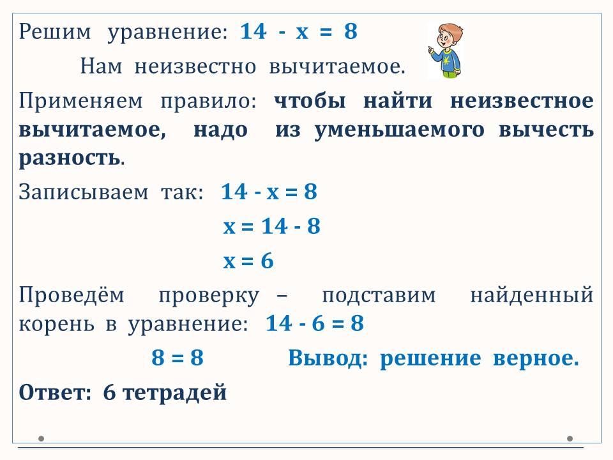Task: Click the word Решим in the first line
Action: pyautogui.click(x=55, y=31)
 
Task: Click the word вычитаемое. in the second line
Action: pyautogui.click(x=337, y=66)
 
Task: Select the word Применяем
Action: pyautogui.click(x=81, y=102)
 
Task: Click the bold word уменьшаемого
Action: pyautogui.click(x=399, y=130)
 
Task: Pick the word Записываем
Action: pyautogui.click(x=84, y=192)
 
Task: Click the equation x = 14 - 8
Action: pyautogui.click(x=272, y=226)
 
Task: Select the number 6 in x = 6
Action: pyautogui.click(x=267, y=261)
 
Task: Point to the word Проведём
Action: pyautogui.click(x=72, y=295)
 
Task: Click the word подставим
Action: pyautogui.click(x=379, y=295)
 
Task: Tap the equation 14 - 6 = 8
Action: pyautogui.click(x=315, y=323)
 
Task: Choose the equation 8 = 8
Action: pyautogui.click(x=178, y=358)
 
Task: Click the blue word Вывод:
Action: pyautogui.click(x=328, y=358)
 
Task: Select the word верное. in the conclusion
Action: pyautogui.click(x=536, y=358)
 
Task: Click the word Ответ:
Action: pyautogui.click(x=55, y=392)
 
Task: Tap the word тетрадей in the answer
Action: pyautogui.click(x=175, y=392)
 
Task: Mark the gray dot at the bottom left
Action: pyautogui.click(x=42, y=438)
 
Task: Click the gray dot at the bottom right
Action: pyautogui.click(x=570, y=438)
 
